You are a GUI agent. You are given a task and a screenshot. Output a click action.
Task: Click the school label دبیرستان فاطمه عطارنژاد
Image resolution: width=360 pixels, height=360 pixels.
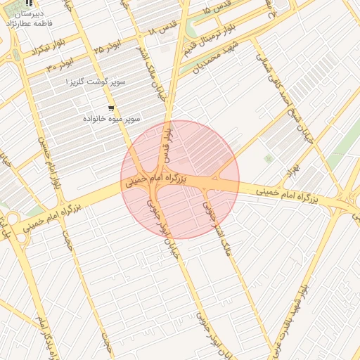tap(28, 18)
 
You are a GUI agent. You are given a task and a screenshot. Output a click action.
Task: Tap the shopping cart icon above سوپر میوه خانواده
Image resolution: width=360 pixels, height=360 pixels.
tap(111, 108)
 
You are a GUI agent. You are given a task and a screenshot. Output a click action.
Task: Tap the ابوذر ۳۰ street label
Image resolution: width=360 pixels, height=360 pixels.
tap(60, 65)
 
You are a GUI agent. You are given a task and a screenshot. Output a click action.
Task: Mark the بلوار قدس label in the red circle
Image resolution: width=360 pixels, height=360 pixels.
tap(167, 142)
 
